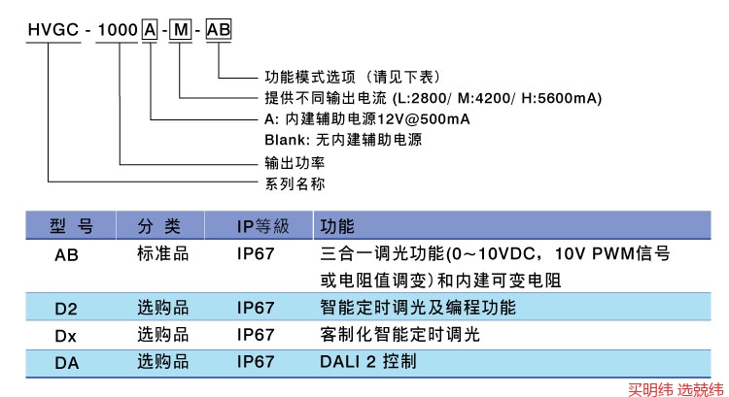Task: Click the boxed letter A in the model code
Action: click(151, 31)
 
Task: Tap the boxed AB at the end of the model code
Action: click(219, 31)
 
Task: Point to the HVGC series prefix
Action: click(48, 31)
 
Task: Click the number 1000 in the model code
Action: click(116, 31)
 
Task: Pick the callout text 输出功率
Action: click(295, 162)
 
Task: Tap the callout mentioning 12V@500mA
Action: click(367, 118)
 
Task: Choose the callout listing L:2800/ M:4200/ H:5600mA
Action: click(434, 98)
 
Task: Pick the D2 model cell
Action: click(66, 310)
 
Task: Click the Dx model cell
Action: click(66, 336)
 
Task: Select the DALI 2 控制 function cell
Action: click(368, 362)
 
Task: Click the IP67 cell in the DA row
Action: click(256, 362)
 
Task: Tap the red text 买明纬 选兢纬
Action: click(675, 388)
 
